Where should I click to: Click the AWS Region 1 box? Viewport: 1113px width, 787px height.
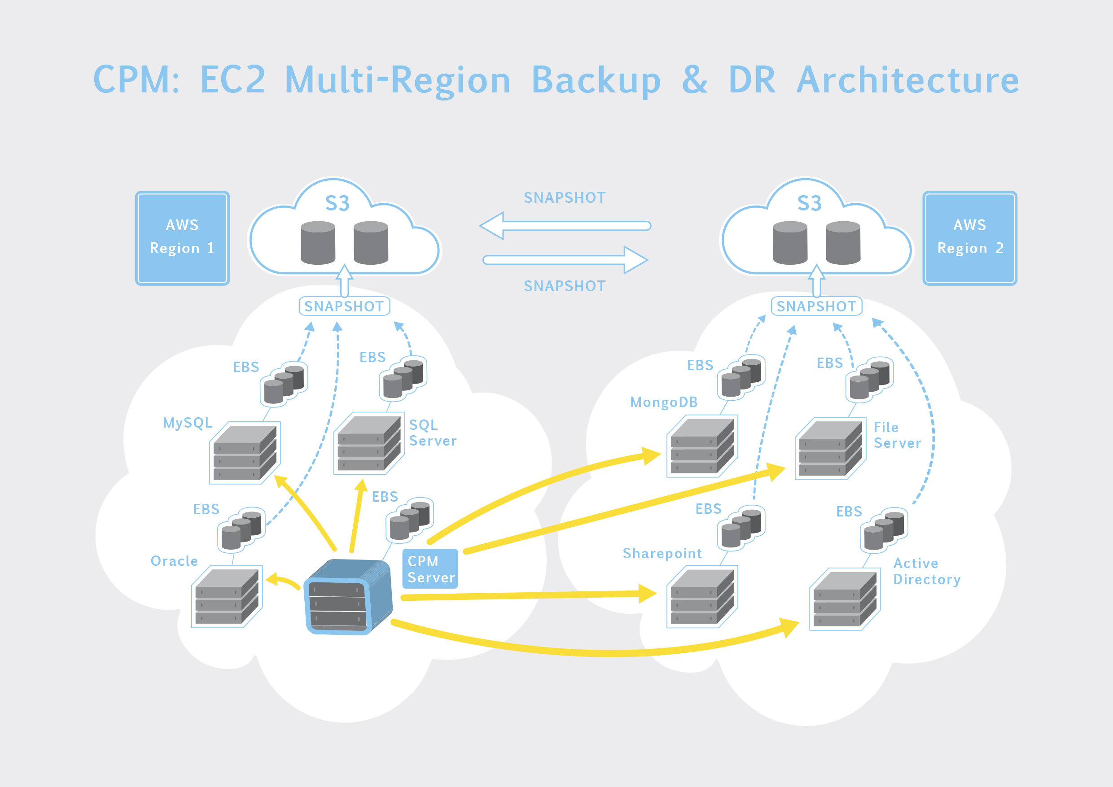click(182, 238)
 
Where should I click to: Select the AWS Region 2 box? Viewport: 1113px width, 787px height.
click(969, 238)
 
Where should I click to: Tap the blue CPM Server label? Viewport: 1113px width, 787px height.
click(430, 569)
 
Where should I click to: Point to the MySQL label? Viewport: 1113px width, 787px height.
click(188, 423)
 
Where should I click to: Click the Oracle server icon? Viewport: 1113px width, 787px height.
click(227, 597)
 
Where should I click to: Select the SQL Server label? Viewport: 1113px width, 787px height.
click(432, 433)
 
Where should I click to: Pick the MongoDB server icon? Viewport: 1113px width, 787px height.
click(702, 446)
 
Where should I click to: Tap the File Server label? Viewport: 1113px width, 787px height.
click(897, 435)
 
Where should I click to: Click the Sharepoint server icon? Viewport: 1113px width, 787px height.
click(702, 597)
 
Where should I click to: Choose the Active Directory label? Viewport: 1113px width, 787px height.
click(926, 571)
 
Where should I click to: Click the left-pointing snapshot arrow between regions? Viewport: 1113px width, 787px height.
click(565, 226)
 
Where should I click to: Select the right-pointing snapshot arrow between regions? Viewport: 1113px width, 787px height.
click(565, 260)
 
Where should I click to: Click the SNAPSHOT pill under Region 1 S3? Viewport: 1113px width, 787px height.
click(344, 306)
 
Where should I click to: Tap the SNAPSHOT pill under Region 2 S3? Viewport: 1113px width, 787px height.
click(816, 306)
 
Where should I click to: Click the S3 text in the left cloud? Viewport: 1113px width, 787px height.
click(337, 204)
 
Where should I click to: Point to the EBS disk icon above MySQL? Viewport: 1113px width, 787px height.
click(284, 384)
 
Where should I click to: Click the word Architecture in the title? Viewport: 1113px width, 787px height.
click(907, 80)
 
